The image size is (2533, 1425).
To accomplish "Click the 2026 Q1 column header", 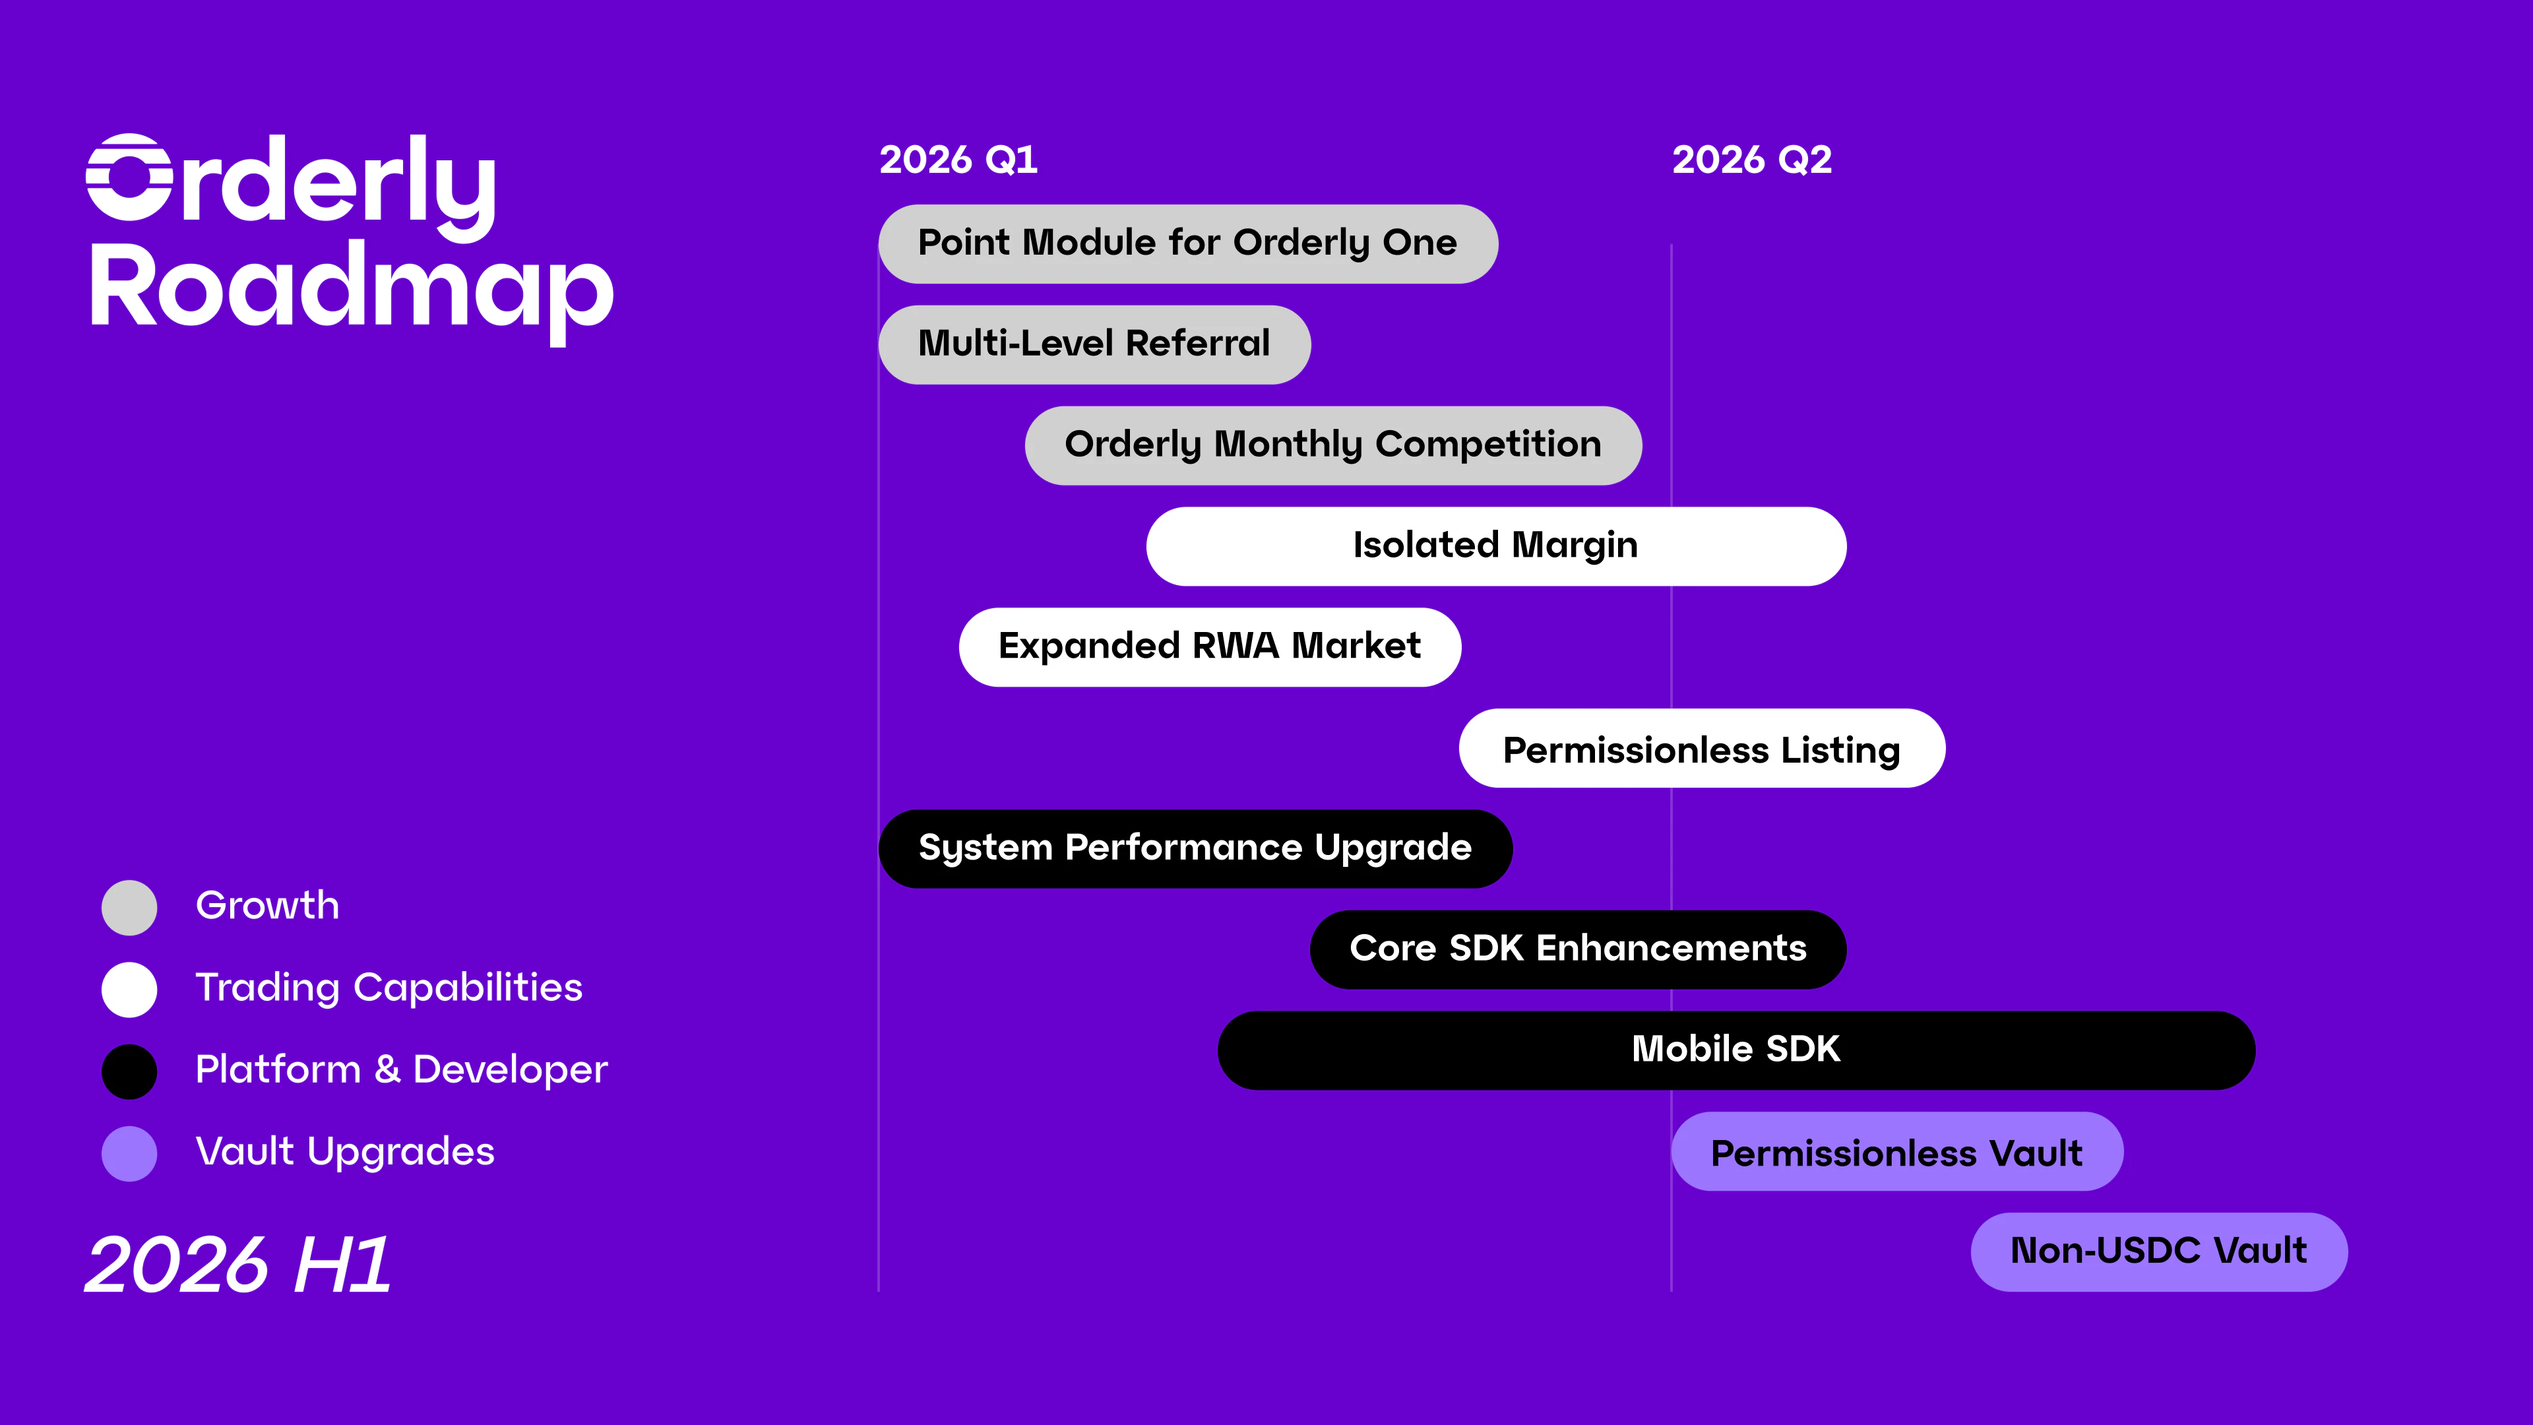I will point(958,159).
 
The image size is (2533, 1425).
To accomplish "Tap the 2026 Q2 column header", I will point(1751,159).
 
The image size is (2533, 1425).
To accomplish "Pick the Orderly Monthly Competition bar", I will point(1332,445).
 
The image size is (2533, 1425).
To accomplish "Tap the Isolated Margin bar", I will point(1495,546).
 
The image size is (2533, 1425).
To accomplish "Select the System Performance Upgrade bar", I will point(1194,848).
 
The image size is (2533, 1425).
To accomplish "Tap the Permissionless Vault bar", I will point(1896,1152).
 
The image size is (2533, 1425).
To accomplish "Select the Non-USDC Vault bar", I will point(2158,1251).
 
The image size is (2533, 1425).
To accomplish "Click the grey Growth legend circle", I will point(129,906).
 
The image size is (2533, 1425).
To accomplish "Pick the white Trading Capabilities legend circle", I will point(129,988).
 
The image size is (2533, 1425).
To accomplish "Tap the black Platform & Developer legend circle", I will point(129,1071).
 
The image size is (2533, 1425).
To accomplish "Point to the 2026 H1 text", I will point(238,1265).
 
